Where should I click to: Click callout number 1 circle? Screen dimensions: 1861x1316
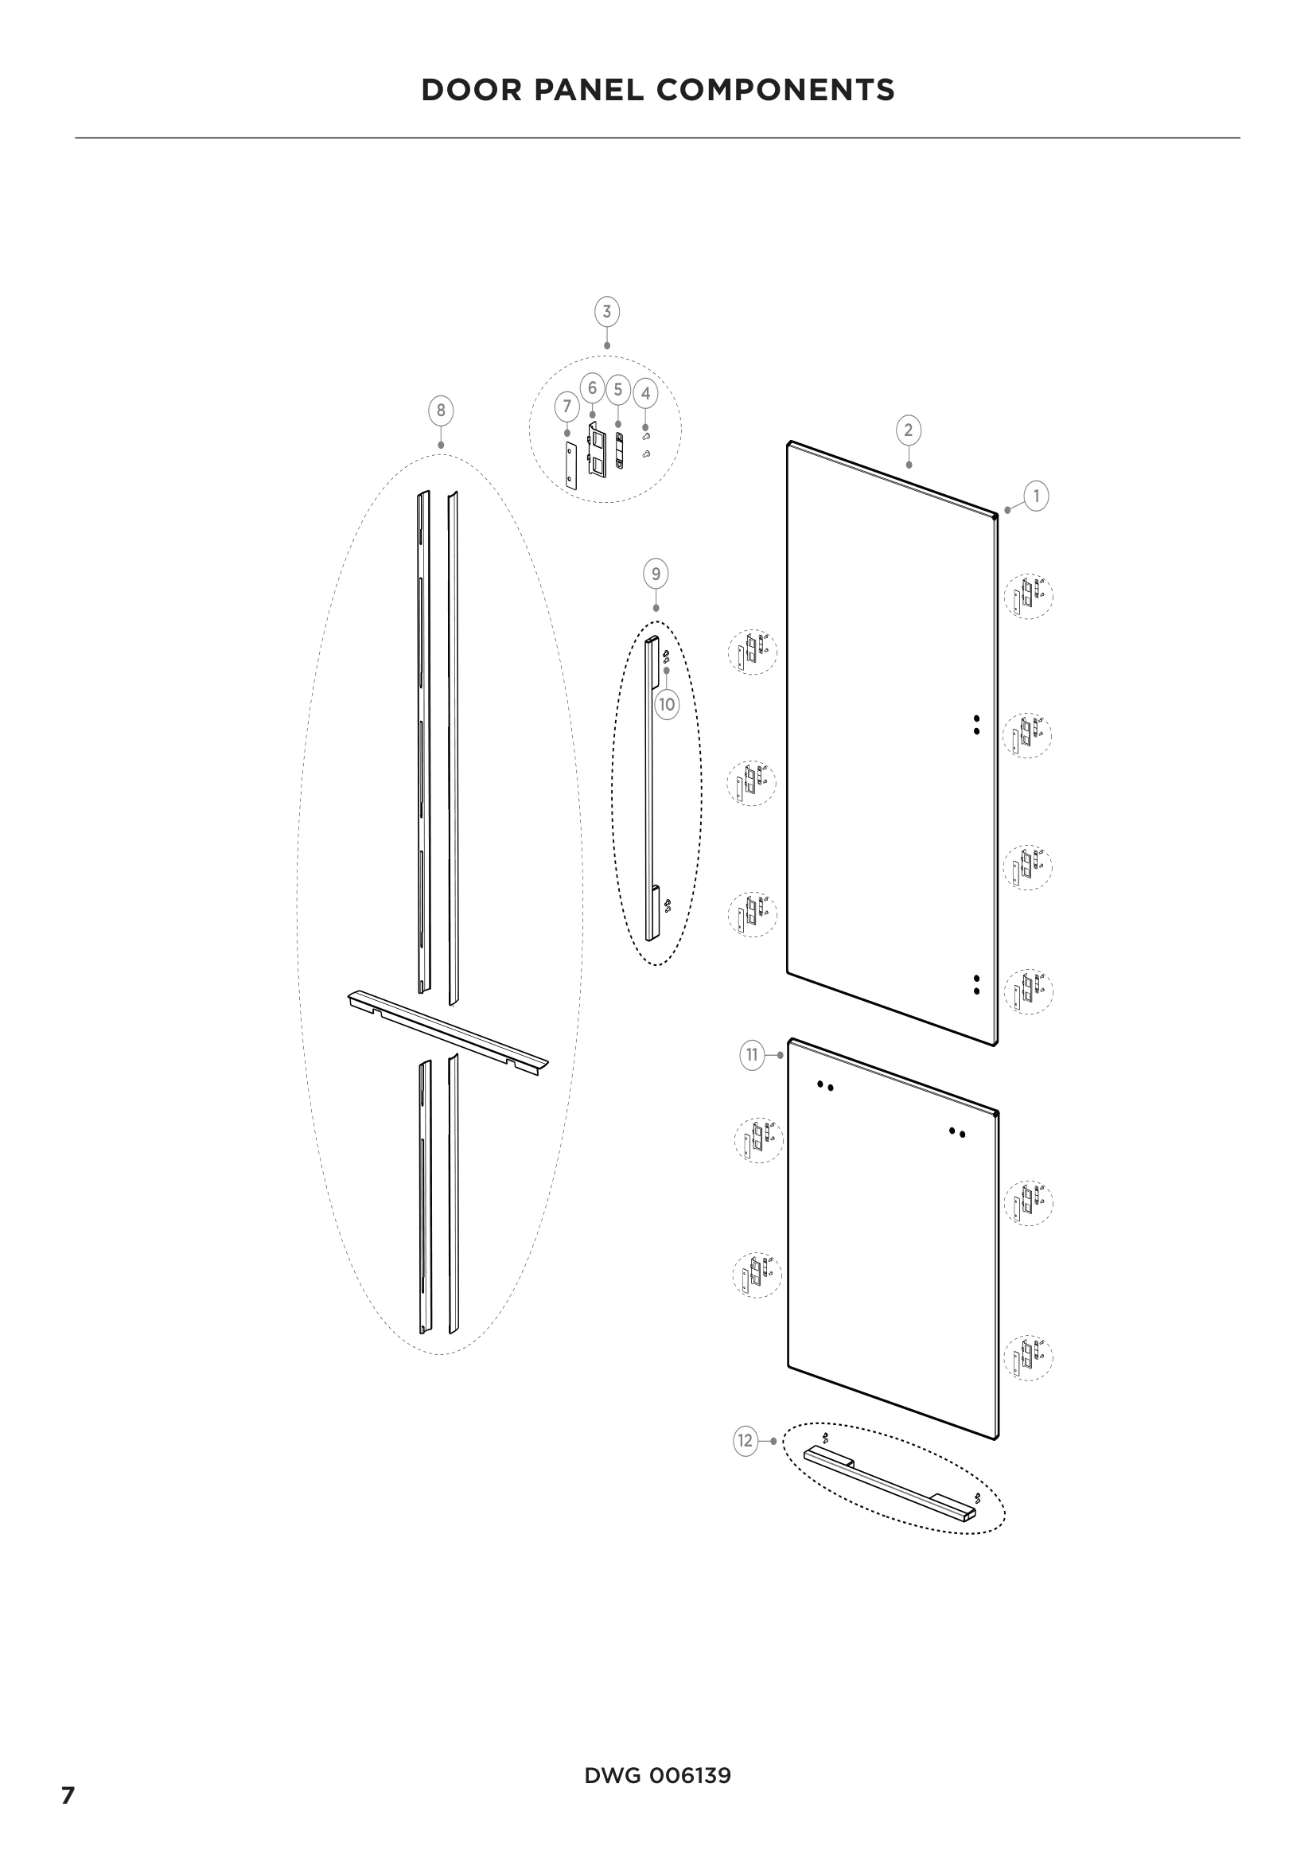click(1036, 495)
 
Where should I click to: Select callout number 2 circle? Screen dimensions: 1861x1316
click(908, 430)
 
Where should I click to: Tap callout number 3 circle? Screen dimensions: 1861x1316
click(606, 311)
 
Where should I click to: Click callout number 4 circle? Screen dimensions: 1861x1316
click(645, 394)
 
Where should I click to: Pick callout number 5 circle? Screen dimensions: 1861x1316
click(617, 389)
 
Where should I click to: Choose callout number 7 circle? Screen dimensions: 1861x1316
click(567, 406)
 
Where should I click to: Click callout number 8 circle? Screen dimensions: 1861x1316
click(440, 410)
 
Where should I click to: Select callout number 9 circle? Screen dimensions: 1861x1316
click(655, 574)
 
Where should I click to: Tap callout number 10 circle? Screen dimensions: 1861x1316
click(666, 704)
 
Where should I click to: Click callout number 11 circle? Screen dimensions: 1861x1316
click(751, 1054)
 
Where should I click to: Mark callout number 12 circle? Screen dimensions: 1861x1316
click(745, 1440)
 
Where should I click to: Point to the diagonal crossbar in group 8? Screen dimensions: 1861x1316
click(448, 1032)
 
